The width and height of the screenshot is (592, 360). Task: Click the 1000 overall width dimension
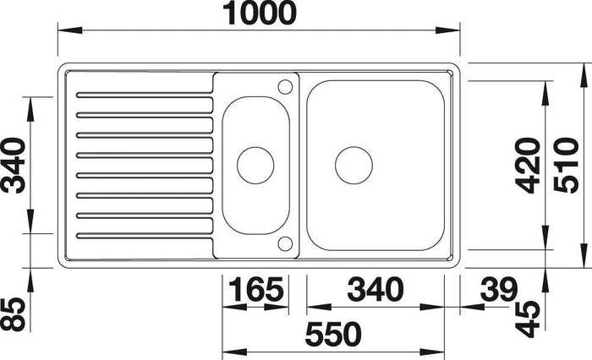point(260,14)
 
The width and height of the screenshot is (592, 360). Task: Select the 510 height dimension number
point(567,166)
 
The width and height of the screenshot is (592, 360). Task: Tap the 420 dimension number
point(529,166)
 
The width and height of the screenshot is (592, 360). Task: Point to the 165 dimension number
point(256,289)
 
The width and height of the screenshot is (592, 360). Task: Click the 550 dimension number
point(333,335)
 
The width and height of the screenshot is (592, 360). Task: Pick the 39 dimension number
point(498,289)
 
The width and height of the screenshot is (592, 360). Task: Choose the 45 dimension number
point(528,319)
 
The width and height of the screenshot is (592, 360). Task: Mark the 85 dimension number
point(14,314)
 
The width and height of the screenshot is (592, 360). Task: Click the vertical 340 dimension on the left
point(14,166)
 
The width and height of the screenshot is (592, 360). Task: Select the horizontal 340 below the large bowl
point(375,289)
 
